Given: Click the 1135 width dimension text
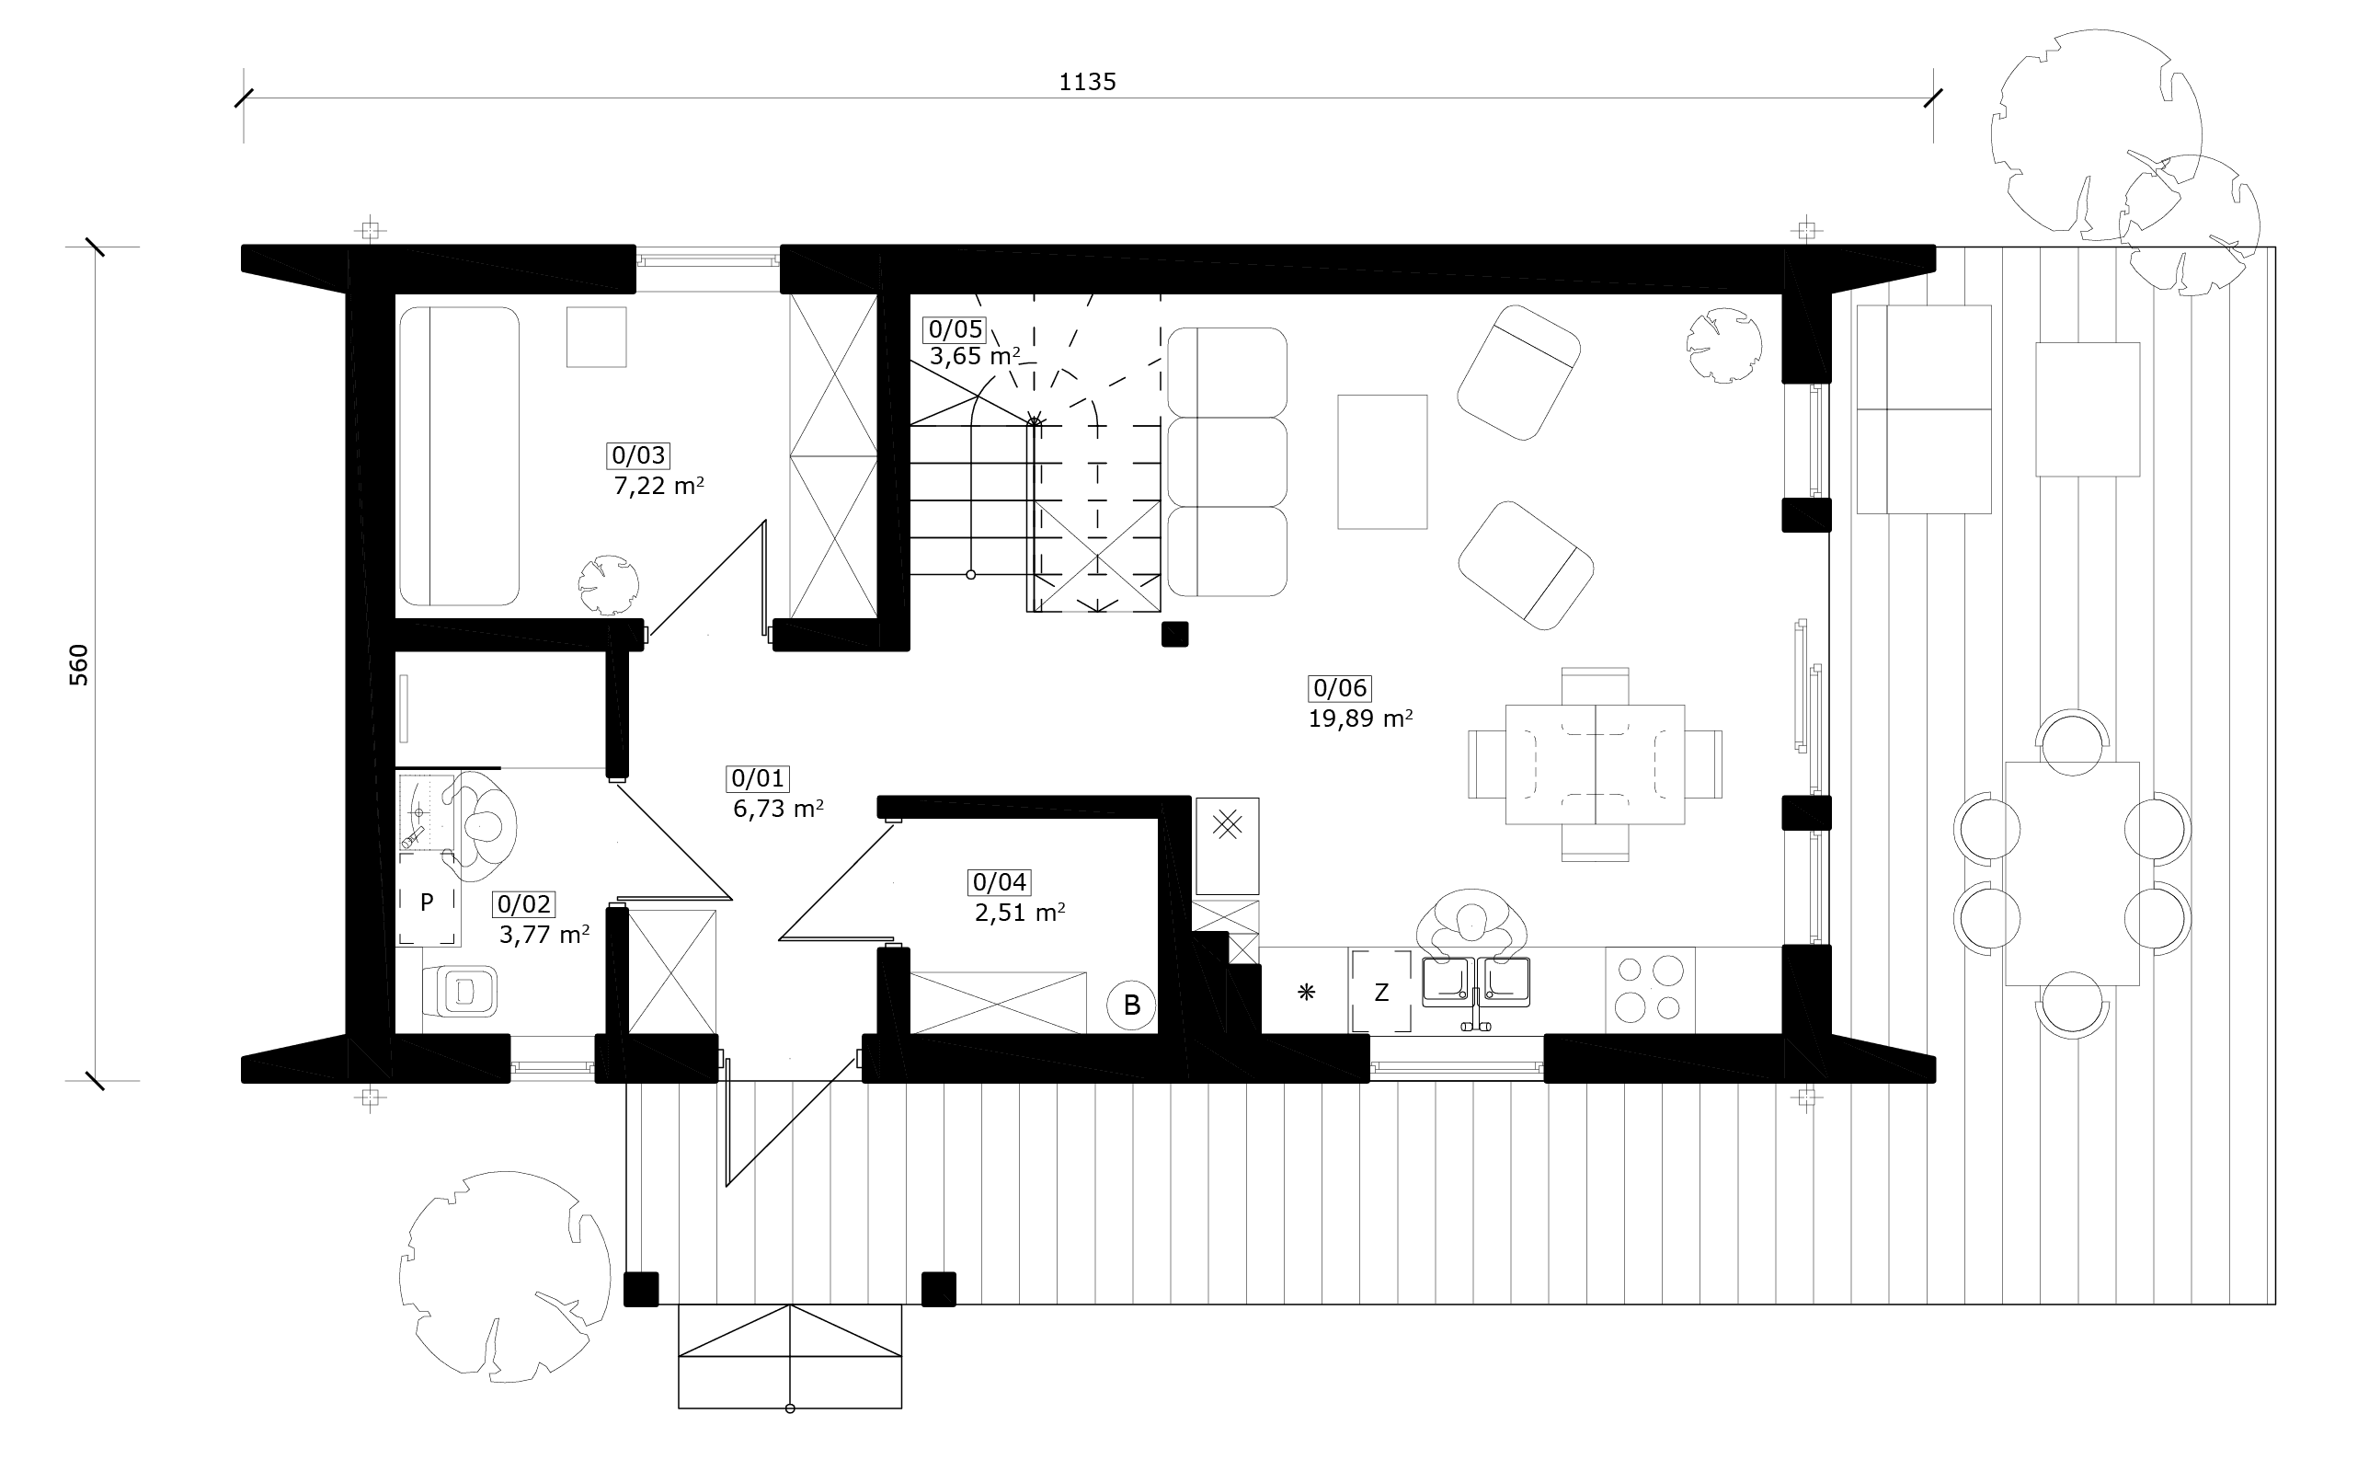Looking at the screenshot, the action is coord(1086,83).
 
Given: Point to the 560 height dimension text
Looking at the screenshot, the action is coord(79,664).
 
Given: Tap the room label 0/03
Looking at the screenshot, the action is coord(639,455).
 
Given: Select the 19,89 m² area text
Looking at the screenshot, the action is coord(1359,719).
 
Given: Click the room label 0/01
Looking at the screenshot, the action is coord(758,778).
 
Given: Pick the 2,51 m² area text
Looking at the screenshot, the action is coord(1019,913).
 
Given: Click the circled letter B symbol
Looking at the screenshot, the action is coord(1131,1005).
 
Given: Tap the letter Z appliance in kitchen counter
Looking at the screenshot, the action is coord(1380,993).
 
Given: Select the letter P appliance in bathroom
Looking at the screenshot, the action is coord(427,902).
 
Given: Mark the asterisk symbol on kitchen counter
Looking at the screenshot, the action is coord(1306,993).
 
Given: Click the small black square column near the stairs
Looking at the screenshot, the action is coord(1174,635).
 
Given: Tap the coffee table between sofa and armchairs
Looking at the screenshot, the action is coord(1382,462).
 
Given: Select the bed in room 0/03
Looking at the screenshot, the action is coord(459,456).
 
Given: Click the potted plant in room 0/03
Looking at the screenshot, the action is coord(609,585).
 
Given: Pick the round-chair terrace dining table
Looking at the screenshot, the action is coord(2071,874).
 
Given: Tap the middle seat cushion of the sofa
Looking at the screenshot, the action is coord(1228,462).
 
